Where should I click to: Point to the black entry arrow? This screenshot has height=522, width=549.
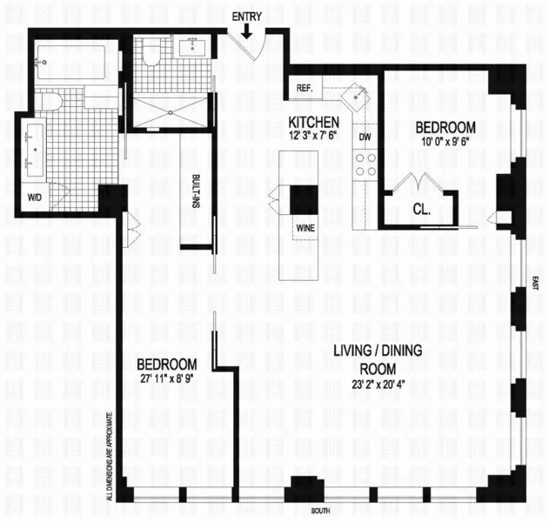(x=249, y=31)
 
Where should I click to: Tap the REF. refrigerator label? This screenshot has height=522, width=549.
(x=305, y=89)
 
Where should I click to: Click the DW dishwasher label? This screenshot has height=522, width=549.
(x=364, y=137)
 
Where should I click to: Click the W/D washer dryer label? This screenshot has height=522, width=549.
(x=35, y=197)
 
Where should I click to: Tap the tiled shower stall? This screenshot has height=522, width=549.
(x=171, y=110)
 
